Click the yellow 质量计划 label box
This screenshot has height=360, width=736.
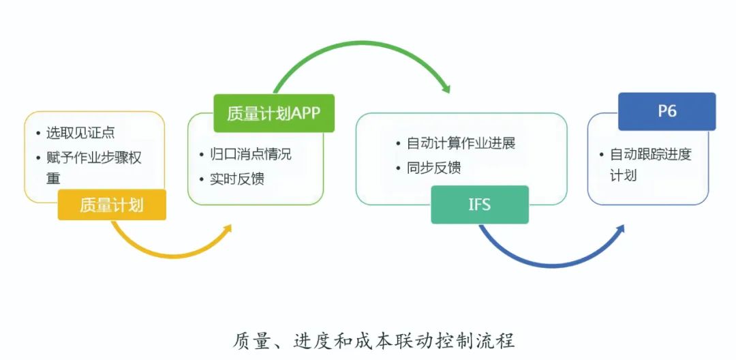pos(112,205)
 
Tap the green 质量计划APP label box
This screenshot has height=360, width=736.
pos(274,113)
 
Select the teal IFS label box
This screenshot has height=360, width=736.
pos(480,205)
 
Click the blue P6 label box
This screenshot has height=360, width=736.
pos(666,111)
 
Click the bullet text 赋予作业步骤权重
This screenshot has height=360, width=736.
pos(93,168)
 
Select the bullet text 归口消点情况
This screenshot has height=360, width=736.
pos(250,154)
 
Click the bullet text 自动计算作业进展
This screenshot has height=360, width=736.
pos(461,143)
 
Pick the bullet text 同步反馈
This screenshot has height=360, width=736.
pos(433,168)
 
